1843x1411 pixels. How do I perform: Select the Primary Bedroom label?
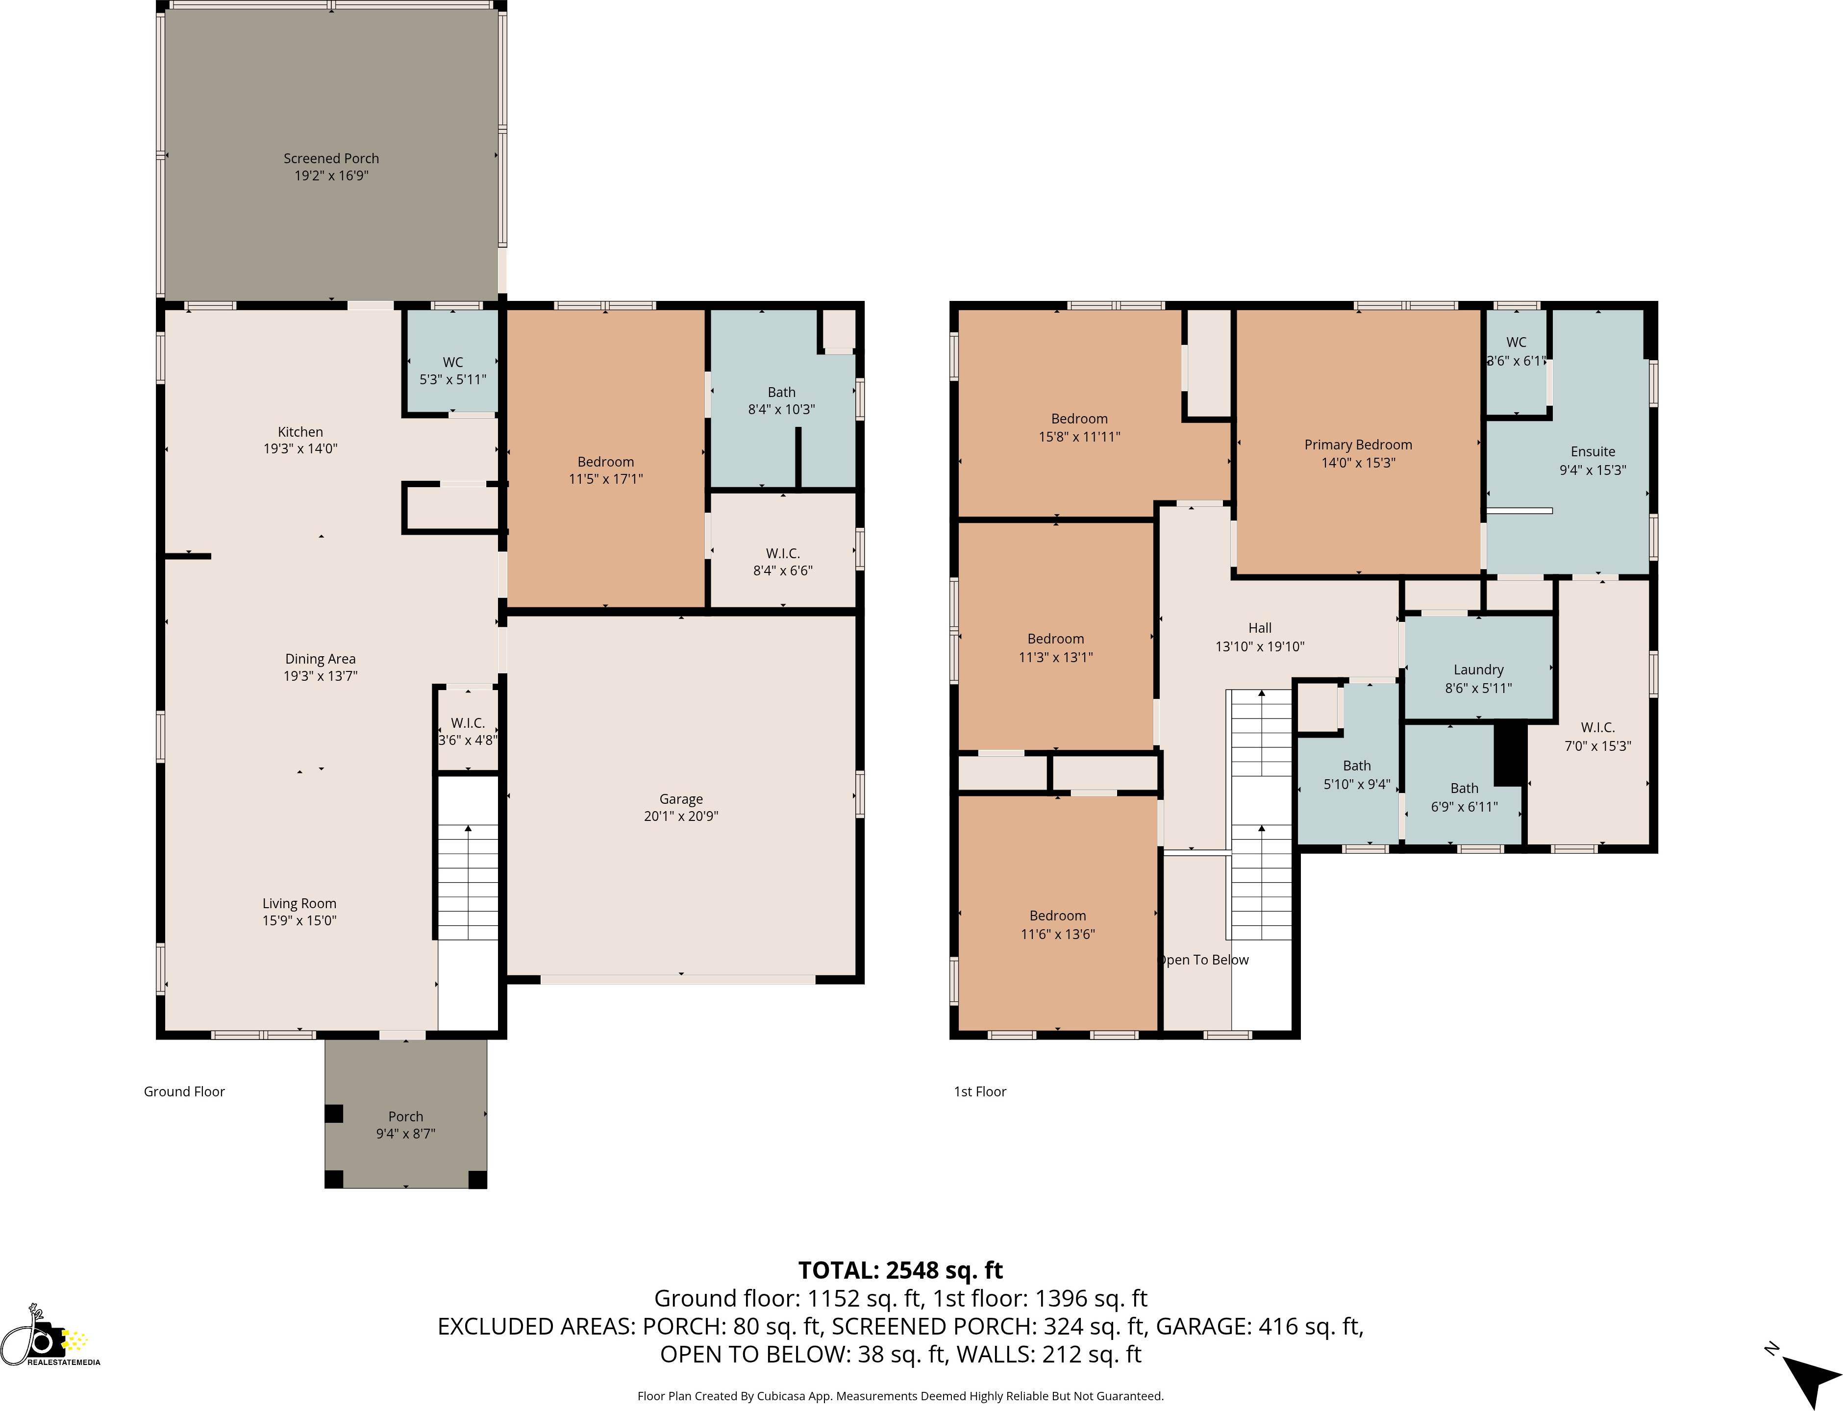coord(1357,445)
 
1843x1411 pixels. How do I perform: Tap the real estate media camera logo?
coord(46,1337)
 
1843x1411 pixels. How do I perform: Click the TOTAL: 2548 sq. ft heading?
coord(899,1270)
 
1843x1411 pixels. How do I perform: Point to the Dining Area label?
coord(320,659)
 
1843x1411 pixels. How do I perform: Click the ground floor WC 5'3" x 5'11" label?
coord(453,371)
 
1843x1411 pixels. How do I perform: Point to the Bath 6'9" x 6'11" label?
coord(1464,797)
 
